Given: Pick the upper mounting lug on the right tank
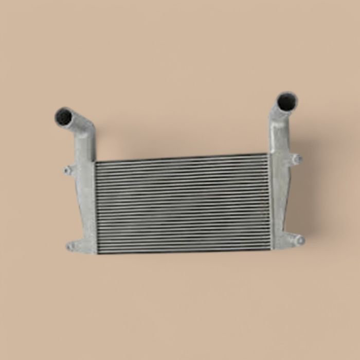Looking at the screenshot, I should click(x=296, y=159).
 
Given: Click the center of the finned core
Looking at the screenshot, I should click(x=183, y=203).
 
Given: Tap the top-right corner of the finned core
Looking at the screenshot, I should click(x=268, y=155).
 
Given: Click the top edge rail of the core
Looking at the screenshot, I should click(x=183, y=158).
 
